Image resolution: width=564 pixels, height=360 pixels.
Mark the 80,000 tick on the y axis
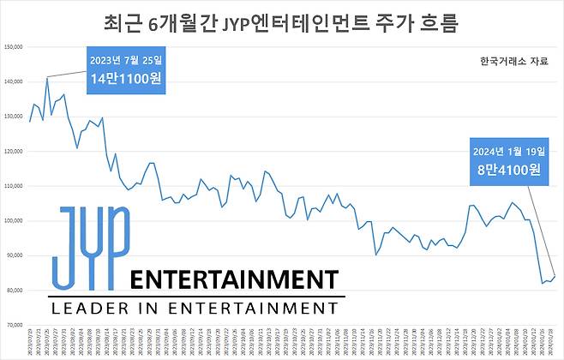[x=14, y=291]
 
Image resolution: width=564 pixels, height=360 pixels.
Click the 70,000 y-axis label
[x=14, y=326]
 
